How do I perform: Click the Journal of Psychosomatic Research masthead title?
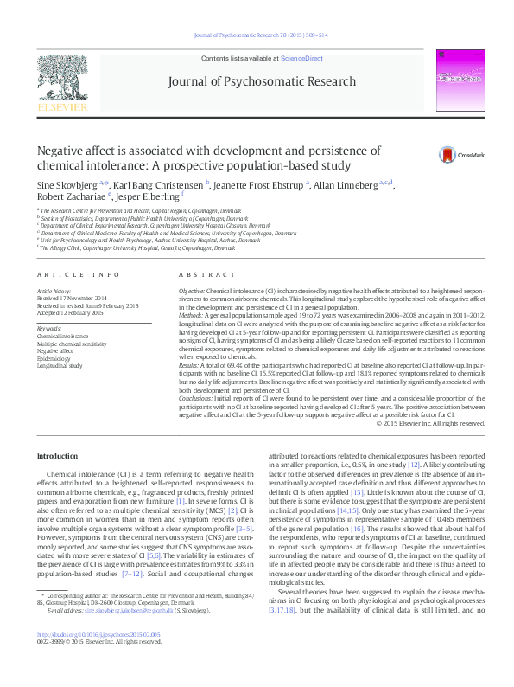pyautogui.click(x=257, y=81)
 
